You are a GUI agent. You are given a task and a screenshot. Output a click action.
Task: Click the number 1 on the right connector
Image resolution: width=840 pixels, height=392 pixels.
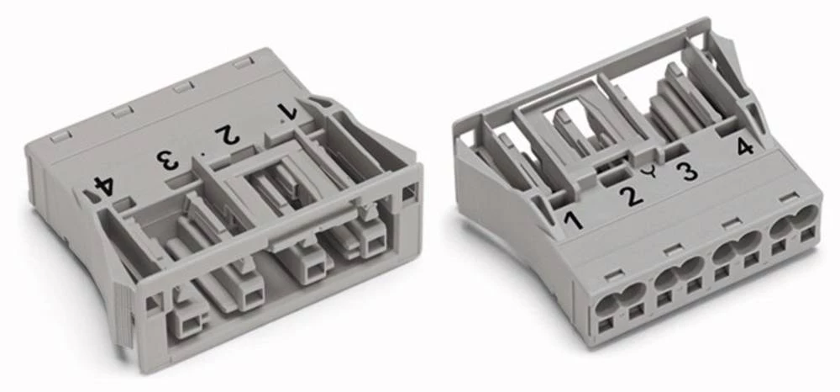[573, 220]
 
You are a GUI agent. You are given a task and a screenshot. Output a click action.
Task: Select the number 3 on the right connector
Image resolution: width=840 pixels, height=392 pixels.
[687, 172]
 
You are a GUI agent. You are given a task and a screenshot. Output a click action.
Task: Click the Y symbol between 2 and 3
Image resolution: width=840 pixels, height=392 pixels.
[656, 174]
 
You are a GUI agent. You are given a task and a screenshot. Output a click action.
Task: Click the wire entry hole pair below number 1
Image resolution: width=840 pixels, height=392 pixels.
[619, 298]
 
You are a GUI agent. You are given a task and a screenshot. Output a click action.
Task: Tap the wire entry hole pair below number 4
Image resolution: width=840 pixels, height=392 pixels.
[794, 223]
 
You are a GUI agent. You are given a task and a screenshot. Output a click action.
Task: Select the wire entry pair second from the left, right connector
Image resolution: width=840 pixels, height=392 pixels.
[678, 273]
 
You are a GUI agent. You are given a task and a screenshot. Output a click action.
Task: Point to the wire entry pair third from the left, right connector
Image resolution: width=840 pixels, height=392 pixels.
[736, 248]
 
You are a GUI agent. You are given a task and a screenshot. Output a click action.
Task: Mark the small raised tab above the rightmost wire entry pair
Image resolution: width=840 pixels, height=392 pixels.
[786, 198]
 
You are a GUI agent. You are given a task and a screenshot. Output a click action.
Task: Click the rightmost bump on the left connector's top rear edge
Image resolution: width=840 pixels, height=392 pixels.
[244, 63]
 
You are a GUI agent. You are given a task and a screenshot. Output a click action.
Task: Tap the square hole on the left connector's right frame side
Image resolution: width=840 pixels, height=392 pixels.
[408, 193]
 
